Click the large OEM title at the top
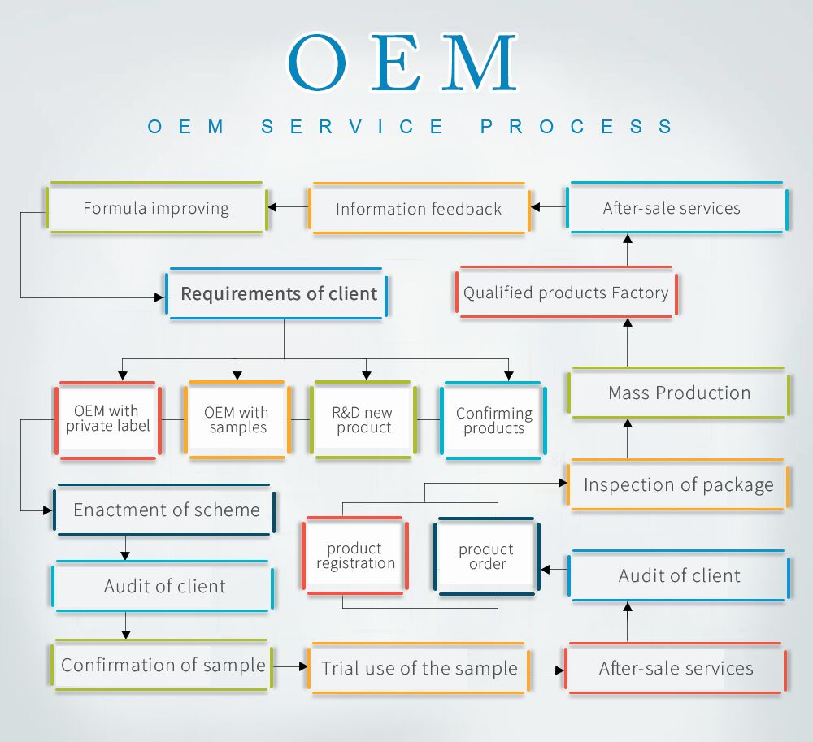[x=402, y=63]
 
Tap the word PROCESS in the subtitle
[x=576, y=127]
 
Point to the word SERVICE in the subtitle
[x=353, y=127]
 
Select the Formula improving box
[x=156, y=208]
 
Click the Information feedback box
[x=419, y=209]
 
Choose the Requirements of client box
[x=278, y=293]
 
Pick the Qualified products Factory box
[x=566, y=293]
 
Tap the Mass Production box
[x=679, y=393]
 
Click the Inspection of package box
[x=678, y=485]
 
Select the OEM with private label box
[x=108, y=419]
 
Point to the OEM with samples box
[x=237, y=419]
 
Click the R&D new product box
[x=363, y=420]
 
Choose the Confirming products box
[x=493, y=421]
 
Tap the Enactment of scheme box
[x=165, y=510]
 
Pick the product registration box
[x=355, y=556]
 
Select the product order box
[x=486, y=557]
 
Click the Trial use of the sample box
[x=419, y=668]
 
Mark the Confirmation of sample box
[x=163, y=665]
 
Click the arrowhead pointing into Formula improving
[x=274, y=207]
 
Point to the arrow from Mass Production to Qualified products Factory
[x=627, y=341]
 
